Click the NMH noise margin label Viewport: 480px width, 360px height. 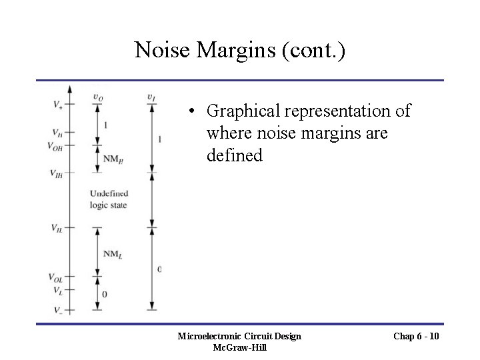(x=114, y=158)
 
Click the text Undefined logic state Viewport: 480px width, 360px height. (x=109, y=199)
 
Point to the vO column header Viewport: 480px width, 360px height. (x=98, y=98)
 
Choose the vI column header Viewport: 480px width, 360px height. (x=152, y=98)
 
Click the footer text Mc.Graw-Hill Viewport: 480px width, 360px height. (x=239, y=347)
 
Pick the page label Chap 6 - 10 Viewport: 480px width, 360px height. (x=416, y=336)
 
